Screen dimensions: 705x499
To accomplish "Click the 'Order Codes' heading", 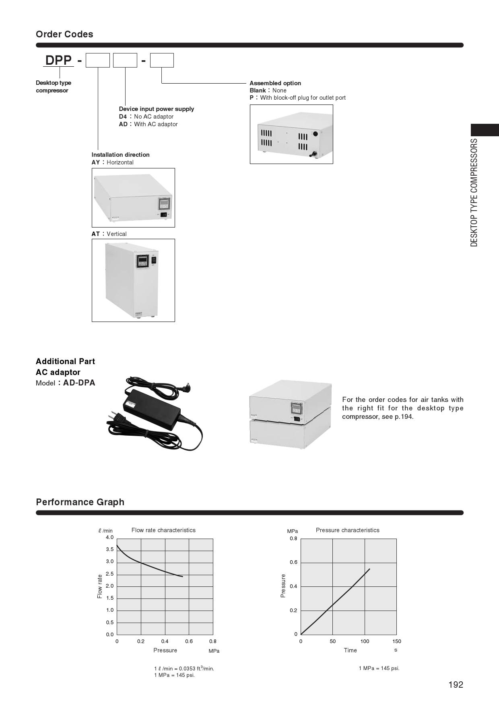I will (64, 34).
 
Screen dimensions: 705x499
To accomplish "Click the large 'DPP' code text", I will (58, 60).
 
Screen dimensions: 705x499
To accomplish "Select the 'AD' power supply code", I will (123, 124).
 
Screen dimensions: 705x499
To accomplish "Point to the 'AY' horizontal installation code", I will (96, 162).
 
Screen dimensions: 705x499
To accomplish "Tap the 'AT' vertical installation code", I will (96, 234).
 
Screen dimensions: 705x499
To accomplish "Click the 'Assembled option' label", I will (275, 83).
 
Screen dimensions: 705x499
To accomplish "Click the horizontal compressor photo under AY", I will (133, 198).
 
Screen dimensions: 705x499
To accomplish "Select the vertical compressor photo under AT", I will (133, 280).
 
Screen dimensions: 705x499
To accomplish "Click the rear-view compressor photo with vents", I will (291, 134).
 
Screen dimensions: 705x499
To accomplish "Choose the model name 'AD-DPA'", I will (79, 383).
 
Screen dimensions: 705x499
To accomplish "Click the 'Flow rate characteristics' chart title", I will (163, 530).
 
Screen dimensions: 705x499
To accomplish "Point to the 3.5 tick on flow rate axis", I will (109, 549).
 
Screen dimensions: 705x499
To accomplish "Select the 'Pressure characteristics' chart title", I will (347, 530).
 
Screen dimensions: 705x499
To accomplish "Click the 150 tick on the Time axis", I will (396, 641).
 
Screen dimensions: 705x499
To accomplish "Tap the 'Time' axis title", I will (350, 650).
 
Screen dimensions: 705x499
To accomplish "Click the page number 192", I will (456, 685).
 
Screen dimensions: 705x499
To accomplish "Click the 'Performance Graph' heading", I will (80, 502).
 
